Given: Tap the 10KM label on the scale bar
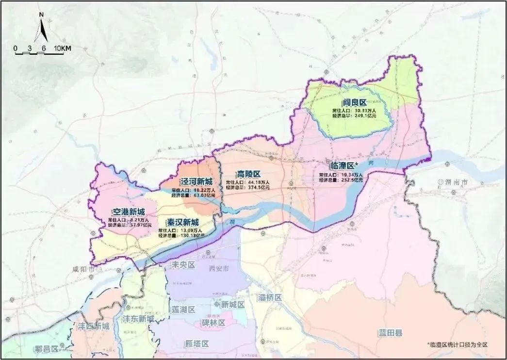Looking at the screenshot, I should pos(63,49).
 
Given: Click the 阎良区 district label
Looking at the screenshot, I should pos(353,102).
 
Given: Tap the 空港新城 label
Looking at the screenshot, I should pos(128,212).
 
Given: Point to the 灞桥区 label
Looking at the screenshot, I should pos(270,297).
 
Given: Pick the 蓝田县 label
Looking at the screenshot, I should pos(391,333).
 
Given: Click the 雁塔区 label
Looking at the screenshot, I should pos(196,344).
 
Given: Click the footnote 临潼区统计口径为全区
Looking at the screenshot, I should pos(457,344).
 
